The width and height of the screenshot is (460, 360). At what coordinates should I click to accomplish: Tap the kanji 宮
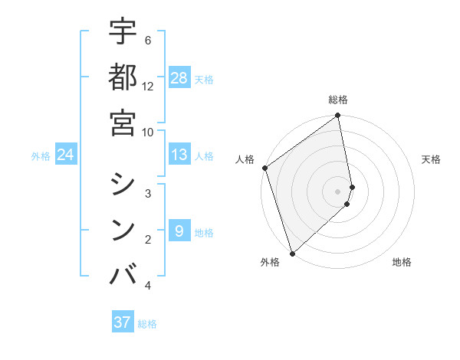click(123, 123)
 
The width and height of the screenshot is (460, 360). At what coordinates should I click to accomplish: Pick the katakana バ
click(123, 274)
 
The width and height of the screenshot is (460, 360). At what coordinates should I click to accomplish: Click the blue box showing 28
click(179, 77)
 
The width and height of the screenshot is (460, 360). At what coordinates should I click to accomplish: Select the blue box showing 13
click(179, 155)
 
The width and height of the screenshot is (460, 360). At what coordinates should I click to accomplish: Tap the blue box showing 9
click(179, 231)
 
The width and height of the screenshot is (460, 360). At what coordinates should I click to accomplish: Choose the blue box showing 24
click(66, 155)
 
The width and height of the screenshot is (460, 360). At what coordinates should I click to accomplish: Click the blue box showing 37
click(123, 322)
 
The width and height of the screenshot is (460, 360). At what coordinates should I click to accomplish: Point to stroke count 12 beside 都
click(148, 86)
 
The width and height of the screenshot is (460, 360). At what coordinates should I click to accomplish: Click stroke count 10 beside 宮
click(148, 132)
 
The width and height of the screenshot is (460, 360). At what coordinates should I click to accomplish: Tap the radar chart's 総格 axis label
click(338, 100)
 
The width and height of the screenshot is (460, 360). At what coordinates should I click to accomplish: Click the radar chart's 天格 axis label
click(432, 159)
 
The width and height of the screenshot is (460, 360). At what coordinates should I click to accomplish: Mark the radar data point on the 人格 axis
click(264, 168)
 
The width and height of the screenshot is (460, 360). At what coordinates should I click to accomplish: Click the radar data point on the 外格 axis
click(292, 253)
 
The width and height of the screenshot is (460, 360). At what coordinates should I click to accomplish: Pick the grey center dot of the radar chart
click(338, 191)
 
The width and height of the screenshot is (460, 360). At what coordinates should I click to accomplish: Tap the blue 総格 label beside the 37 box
click(147, 323)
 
